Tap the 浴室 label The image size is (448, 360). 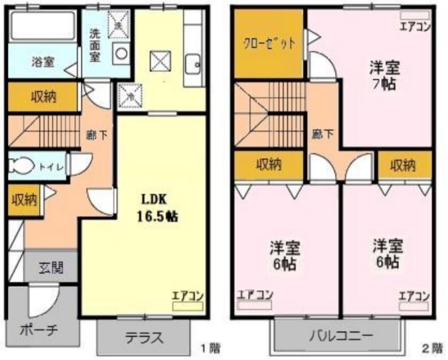click(x=43, y=61)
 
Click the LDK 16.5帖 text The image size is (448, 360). click(x=159, y=207)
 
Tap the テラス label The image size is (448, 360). click(x=143, y=338)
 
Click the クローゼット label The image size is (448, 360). click(x=269, y=43)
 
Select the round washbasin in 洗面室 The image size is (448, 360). click(x=122, y=53)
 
